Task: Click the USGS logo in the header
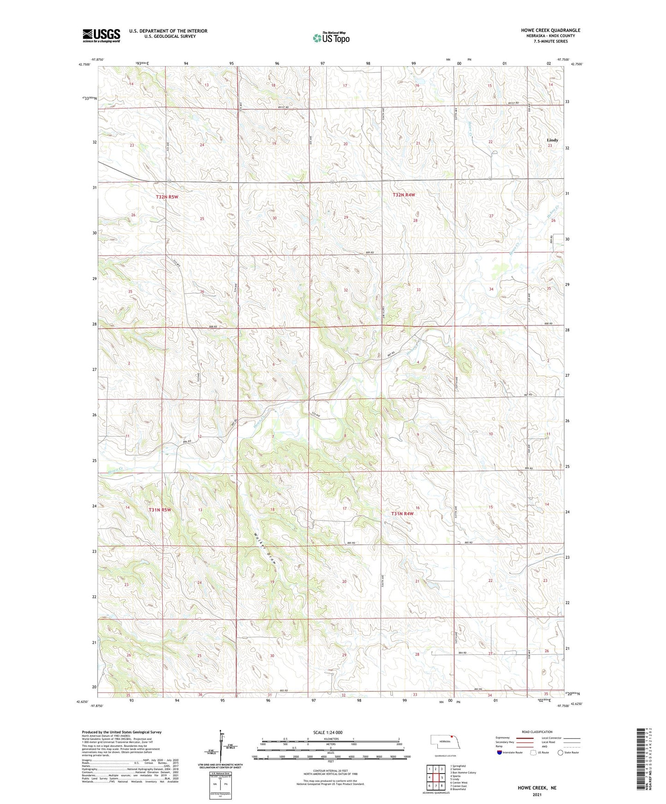tap(101, 35)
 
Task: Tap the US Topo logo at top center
tap(331, 38)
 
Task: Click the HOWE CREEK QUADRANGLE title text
tap(551, 30)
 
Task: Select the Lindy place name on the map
tap(552, 140)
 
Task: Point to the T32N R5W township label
tap(167, 197)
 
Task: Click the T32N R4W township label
tap(404, 195)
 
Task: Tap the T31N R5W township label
tap(160, 510)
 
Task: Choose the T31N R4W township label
tap(402, 513)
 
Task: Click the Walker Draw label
tap(264, 549)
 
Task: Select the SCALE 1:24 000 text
tap(327, 733)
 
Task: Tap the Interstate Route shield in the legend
tap(500, 752)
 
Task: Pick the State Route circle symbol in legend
tap(560, 752)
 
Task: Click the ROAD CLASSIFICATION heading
tap(537, 732)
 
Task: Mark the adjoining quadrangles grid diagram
tap(435, 777)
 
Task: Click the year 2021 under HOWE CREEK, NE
tap(536, 794)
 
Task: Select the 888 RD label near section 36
tap(212, 327)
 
